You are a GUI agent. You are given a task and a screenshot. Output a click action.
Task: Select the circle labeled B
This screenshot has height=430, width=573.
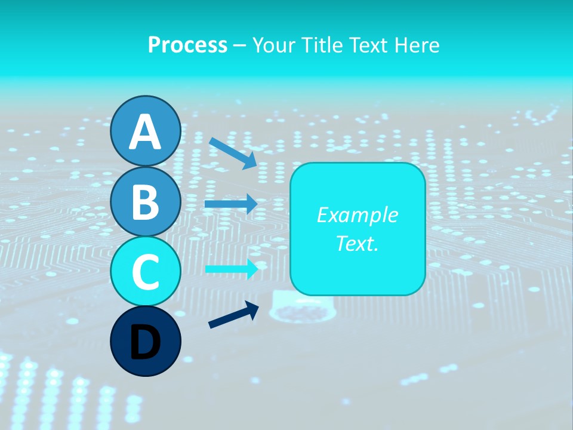(145, 201)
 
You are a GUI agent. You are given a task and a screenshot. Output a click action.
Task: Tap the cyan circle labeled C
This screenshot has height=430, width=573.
(145, 272)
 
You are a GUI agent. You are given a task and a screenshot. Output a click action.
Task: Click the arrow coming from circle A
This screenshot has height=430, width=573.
(233, 153)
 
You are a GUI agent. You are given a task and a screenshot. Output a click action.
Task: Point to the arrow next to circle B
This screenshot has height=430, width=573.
(231, 204)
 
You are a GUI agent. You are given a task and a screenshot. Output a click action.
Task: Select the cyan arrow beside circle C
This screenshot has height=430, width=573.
(232, 269)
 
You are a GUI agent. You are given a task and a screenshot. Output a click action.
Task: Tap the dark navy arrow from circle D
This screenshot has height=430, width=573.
(233, 315)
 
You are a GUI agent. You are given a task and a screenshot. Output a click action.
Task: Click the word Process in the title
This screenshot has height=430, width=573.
(187, 45)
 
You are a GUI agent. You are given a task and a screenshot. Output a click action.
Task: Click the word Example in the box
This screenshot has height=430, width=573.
(357, 215)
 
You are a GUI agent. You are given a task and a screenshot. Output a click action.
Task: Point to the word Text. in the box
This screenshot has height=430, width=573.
(357, 243)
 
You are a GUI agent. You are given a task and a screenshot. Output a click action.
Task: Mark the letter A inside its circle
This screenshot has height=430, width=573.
(145, 133)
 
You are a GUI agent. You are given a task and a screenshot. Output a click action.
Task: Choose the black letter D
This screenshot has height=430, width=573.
(145, 342)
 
